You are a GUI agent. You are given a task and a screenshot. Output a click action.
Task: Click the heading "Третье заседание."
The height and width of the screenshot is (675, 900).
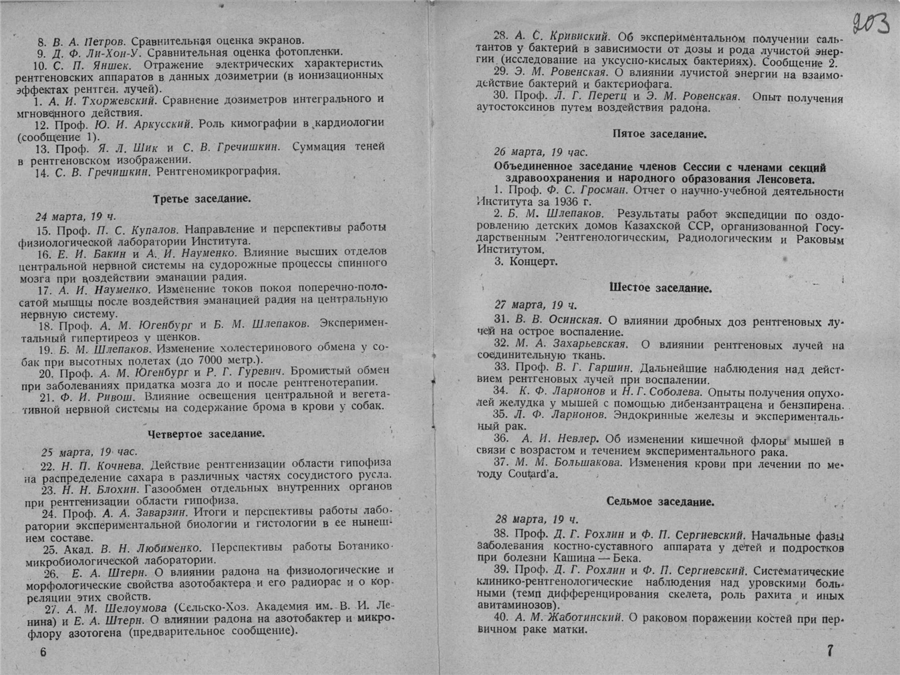202,199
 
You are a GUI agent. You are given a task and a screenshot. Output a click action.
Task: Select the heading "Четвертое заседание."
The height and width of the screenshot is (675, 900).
206,434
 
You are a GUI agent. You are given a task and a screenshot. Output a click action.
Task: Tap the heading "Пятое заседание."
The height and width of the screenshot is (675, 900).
659,134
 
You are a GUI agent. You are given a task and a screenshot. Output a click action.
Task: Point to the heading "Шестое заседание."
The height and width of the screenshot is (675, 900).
660,288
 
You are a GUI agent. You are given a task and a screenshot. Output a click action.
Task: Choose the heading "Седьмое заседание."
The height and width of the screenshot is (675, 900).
660,502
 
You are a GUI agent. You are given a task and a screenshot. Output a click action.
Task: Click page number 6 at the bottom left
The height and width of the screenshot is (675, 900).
43,652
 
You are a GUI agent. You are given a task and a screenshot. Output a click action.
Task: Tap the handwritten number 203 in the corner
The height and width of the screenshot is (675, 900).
871,24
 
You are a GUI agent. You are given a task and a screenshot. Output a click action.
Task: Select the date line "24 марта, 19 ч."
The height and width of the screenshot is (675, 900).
76,216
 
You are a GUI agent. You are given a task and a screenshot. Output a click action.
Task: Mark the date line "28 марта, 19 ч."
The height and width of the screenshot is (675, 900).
537,519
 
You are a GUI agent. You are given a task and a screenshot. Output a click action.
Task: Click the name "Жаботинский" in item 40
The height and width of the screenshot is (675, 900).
586,618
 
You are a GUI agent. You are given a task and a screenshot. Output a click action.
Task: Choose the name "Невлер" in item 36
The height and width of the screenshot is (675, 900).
575,439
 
